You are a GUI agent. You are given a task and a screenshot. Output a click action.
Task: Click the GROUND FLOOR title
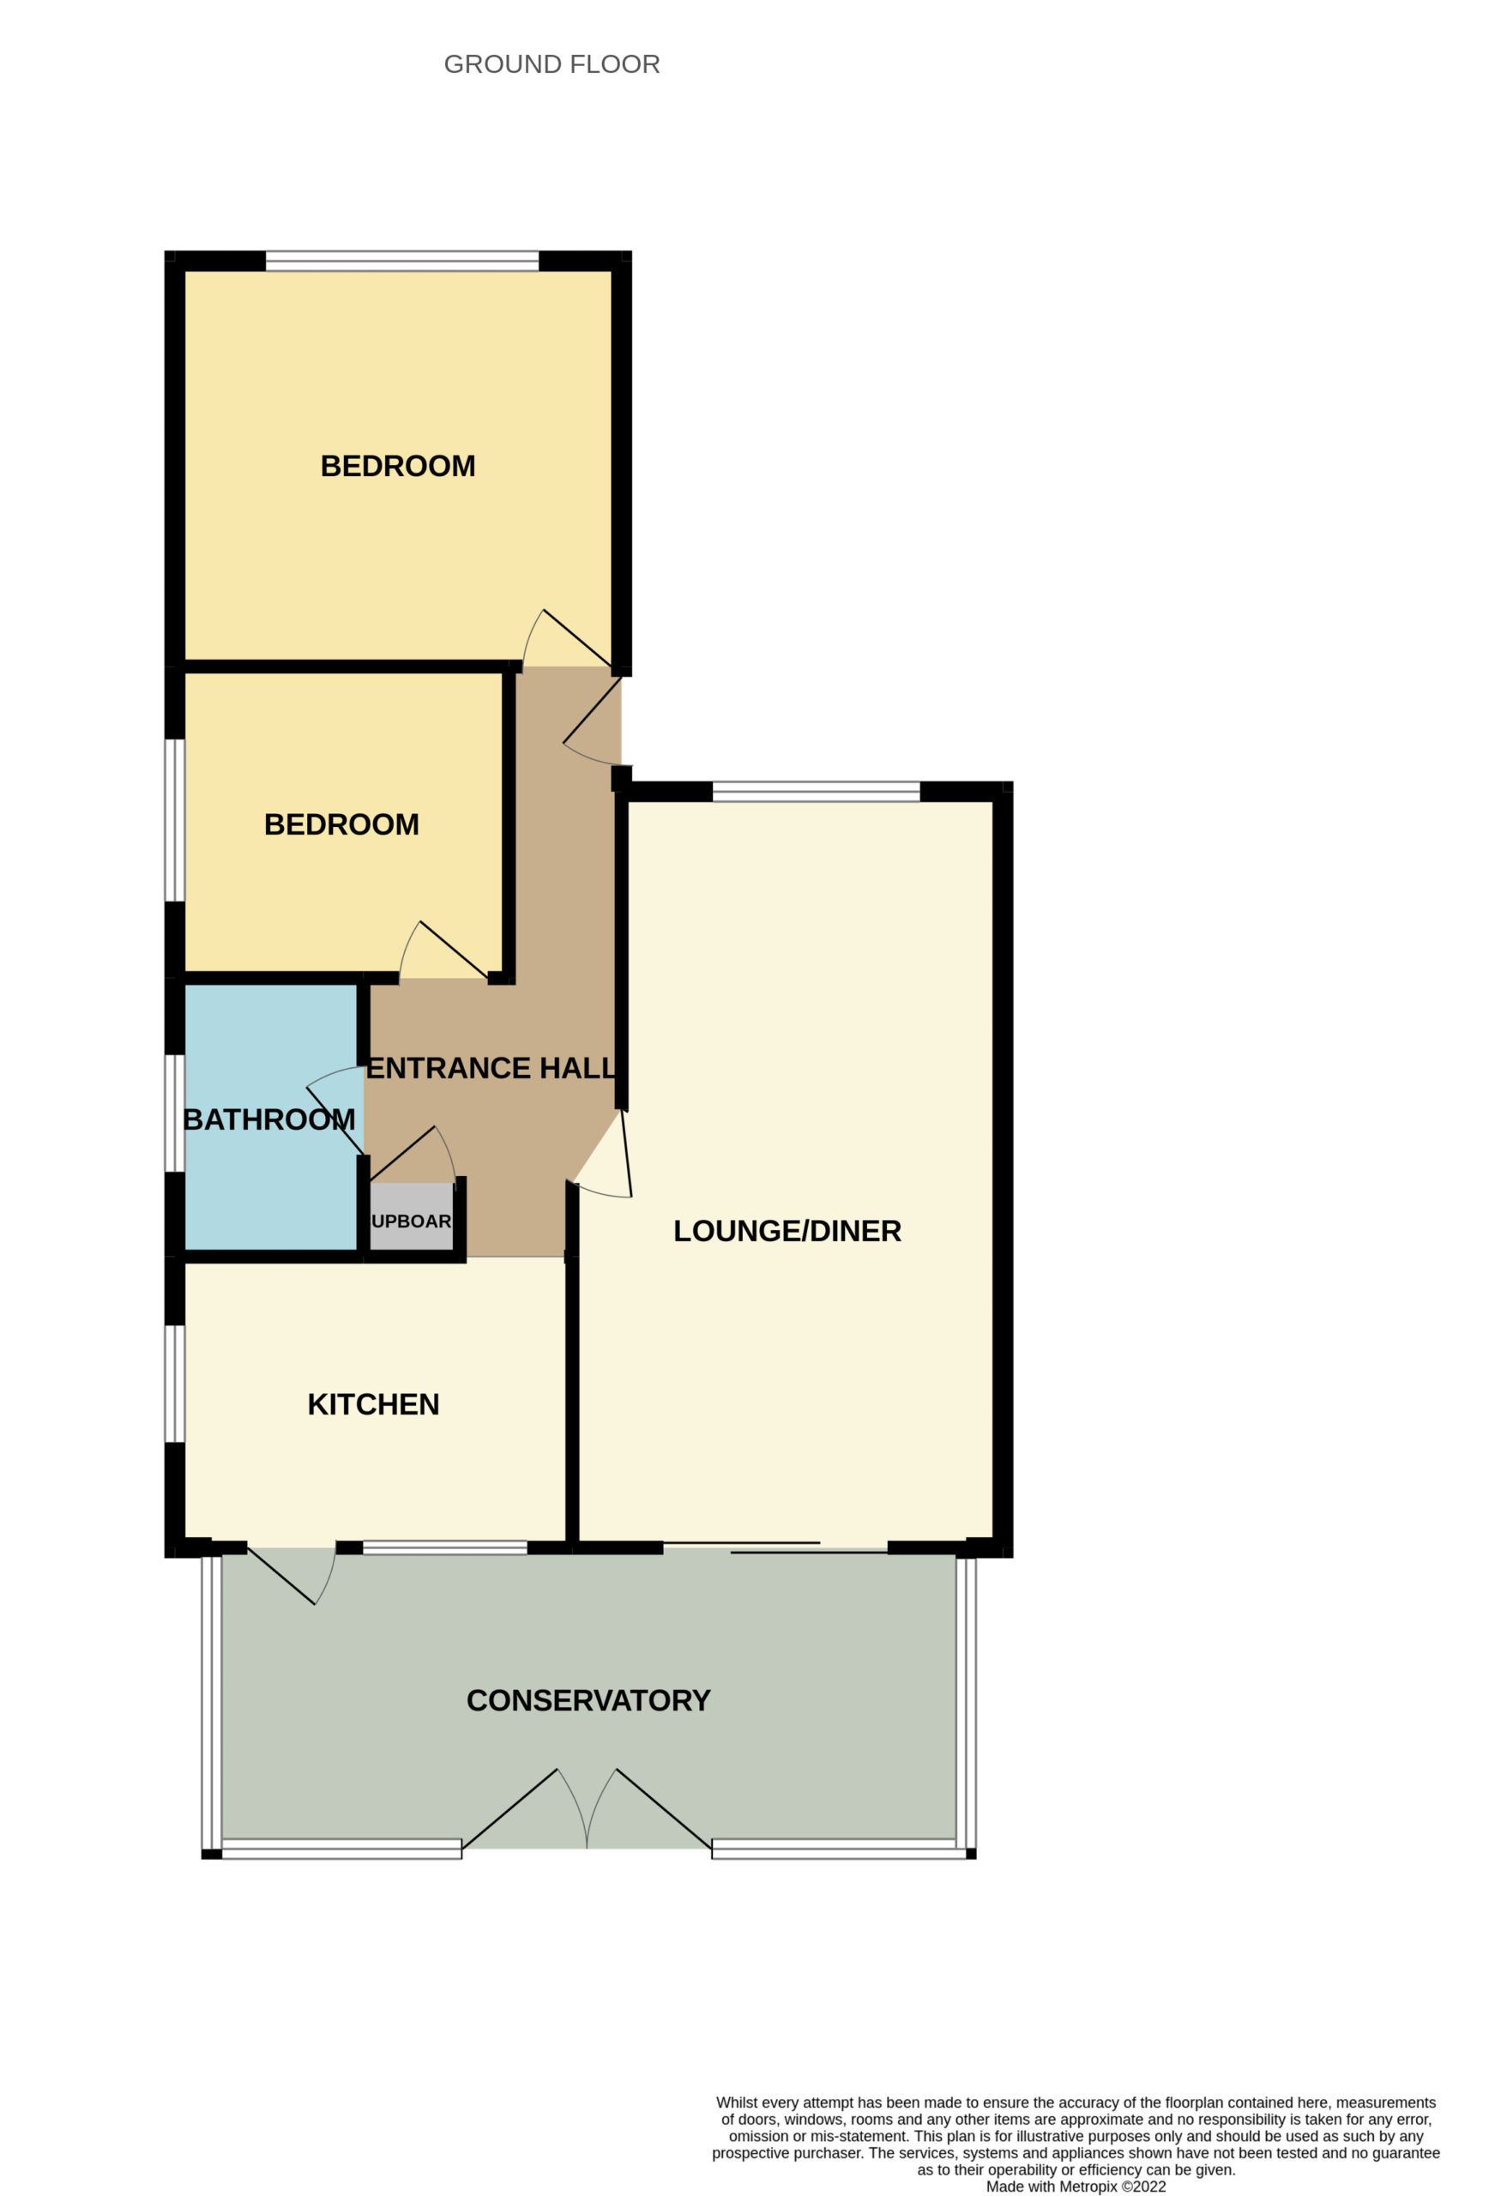point(552,64)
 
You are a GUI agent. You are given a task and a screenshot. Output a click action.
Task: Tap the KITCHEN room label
point(373,1404)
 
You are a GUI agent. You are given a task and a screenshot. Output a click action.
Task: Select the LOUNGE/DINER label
point(787,1230)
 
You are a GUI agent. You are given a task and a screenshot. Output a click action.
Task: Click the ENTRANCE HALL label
point(491,1068)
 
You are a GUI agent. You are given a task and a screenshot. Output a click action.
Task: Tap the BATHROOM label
point(269,1119)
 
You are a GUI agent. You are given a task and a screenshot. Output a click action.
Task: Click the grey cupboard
point(411,1216)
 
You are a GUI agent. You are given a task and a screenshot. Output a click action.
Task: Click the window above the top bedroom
point(402,261)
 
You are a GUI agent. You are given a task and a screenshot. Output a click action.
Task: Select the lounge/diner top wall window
point(817,791)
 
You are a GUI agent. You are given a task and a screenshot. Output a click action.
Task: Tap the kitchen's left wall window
point(175,1384)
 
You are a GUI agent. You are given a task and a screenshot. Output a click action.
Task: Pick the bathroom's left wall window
point(175,1113)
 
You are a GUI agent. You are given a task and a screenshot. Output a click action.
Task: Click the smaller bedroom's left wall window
point(175,820)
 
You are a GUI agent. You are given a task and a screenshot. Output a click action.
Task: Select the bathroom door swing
point(335,1110)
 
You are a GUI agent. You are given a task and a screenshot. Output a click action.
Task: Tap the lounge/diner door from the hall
point(603,1154)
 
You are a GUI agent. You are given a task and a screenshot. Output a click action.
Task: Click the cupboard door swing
point(413,1154)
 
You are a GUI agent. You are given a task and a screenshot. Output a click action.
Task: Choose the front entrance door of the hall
point(593,719)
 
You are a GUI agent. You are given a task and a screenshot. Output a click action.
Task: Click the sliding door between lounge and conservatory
point(775,1547)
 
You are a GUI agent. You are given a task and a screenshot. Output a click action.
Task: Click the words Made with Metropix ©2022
point(1076,2186)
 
